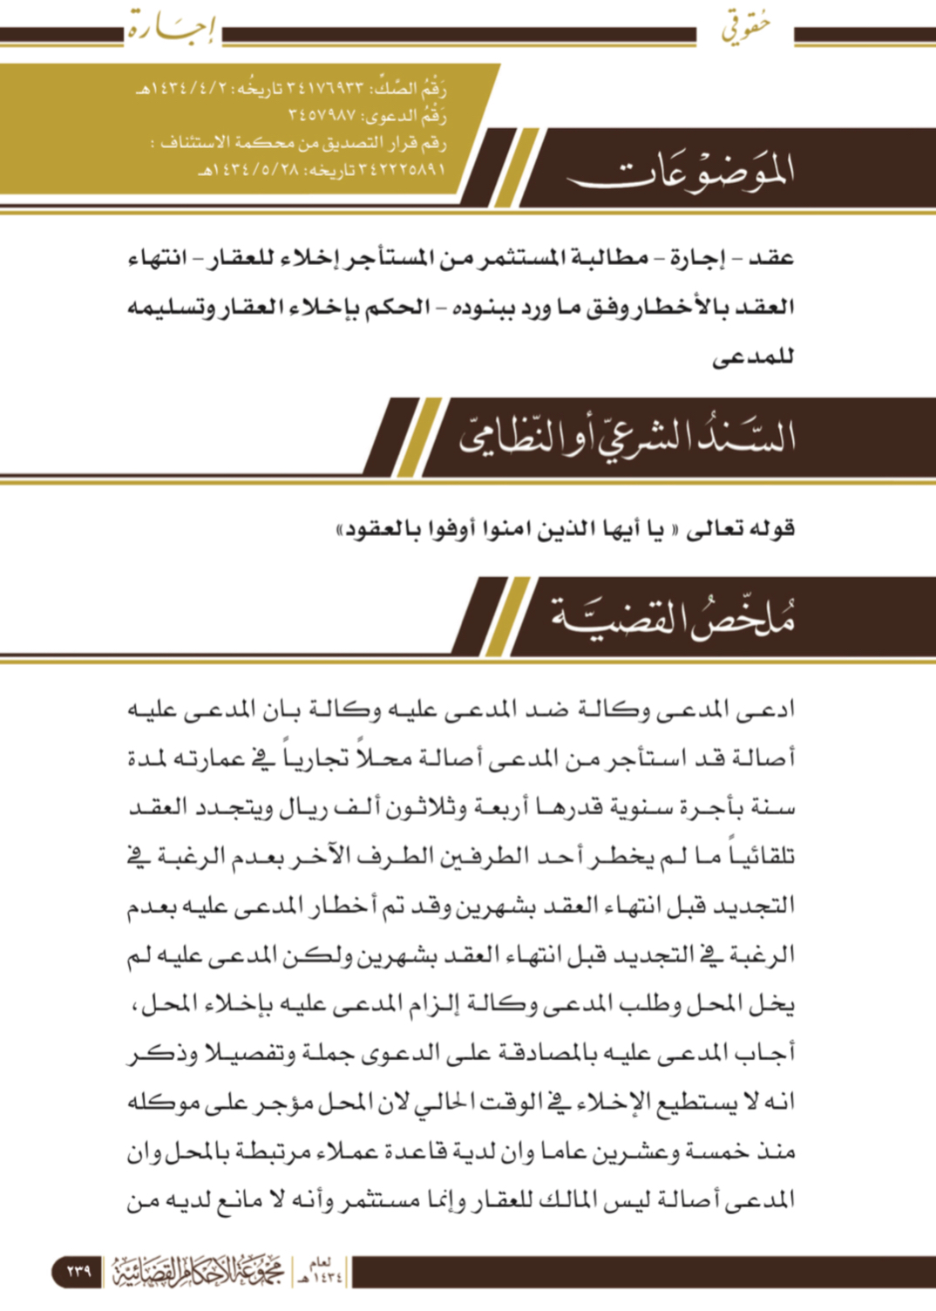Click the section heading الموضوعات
click(x=681, y=171)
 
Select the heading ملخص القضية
click(x=672, y=617)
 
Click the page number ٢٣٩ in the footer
click(x=78, y=1271)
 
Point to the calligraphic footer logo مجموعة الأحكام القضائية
click(x=199, y=1272)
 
